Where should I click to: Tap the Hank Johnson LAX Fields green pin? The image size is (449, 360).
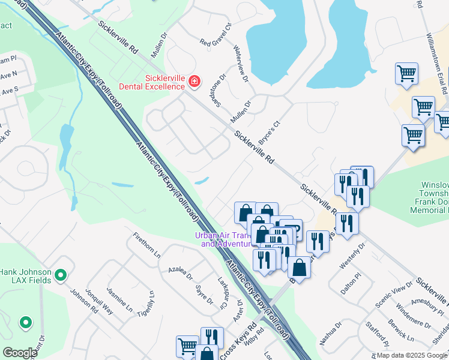[60, 275]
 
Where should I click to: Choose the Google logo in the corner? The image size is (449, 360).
[19, 353]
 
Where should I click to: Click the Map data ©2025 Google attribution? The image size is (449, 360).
[411, 355]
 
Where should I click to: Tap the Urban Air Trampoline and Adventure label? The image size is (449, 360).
[222, 239]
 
